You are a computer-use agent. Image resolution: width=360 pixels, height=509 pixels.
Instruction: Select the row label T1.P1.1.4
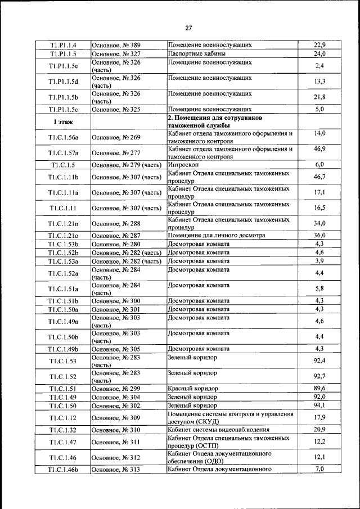coord(62,45)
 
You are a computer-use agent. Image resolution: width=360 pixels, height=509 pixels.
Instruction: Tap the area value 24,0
coord(319,54)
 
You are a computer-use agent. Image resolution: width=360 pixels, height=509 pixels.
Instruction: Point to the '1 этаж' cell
coord(62,121)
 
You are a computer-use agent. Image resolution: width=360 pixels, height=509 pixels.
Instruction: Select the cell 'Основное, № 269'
coord(116,137)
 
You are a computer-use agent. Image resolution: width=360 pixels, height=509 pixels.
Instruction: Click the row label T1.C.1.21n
coord(62,224)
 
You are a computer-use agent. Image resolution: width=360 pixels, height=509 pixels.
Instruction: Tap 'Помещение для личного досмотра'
coord(216,236)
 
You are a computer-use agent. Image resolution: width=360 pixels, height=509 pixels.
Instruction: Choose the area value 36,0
coord(319,236)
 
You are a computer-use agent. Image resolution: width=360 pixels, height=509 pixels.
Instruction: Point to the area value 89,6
coord(319,389)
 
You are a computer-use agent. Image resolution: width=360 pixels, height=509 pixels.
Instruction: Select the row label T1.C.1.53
coord(62,361)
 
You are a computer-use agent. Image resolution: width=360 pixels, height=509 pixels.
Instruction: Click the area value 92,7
coord(319,376)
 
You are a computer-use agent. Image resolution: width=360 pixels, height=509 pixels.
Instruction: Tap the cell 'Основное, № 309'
coord(116,418)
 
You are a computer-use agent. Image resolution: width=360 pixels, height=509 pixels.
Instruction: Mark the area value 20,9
coord(319,430)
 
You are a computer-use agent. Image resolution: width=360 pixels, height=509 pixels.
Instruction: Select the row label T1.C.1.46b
coord(62,470)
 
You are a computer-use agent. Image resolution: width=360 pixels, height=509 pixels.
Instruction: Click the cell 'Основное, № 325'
coord(116,110)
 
